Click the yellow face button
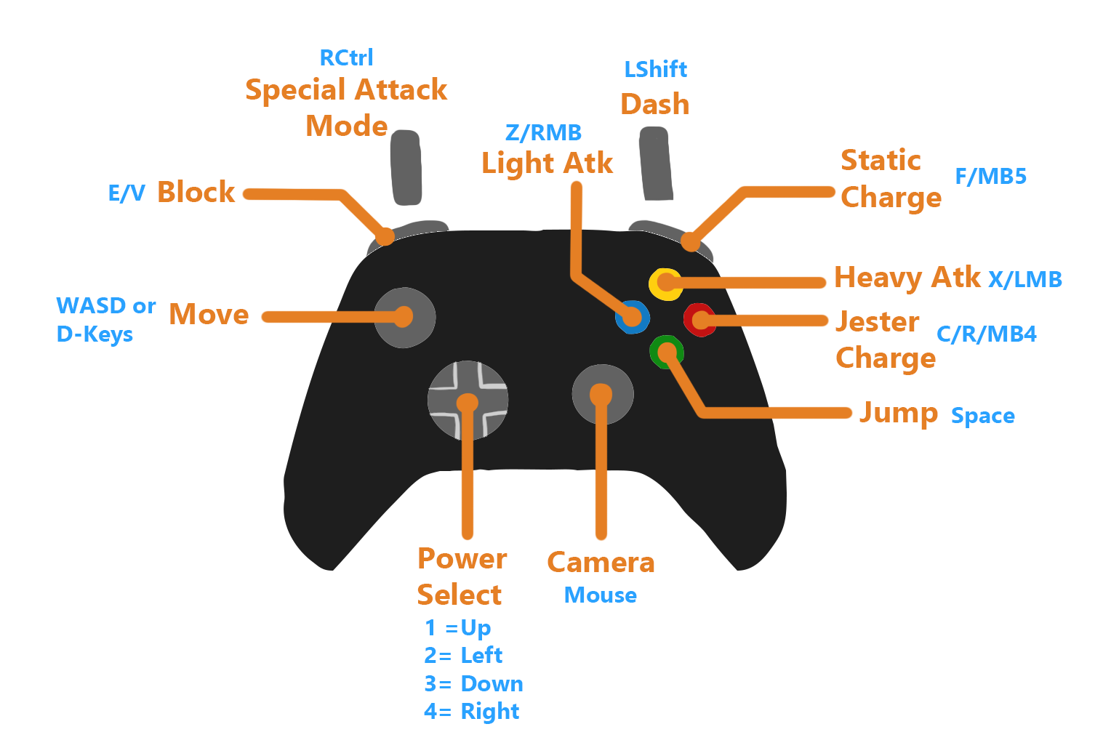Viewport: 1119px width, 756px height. coord(665,283)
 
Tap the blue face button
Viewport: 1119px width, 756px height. coord(632,317)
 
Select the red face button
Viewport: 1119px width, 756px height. coord(700,320)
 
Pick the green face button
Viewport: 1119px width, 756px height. coord(666,352)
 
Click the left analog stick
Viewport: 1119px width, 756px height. coord(404,318)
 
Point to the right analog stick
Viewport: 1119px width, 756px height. coord(602,395)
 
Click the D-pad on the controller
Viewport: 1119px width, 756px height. coord(468,401)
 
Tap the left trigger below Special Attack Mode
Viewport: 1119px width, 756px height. coord(406,167)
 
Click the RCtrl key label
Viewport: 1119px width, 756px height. coord(346,57)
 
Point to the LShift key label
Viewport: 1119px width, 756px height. coord(655,69)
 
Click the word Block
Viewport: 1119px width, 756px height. coord(196,192)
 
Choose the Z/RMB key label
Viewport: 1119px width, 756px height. coord(543,132)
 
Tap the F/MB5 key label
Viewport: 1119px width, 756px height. coord(990,176)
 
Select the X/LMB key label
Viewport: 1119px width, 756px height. coord(1024,279)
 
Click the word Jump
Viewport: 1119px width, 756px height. coord(899,413)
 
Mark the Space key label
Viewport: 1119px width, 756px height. coord(982,416)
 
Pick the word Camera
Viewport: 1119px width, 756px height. coord(601,563)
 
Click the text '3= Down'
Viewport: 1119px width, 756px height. coord(473,684)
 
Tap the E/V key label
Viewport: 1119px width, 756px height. coord(127,193)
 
